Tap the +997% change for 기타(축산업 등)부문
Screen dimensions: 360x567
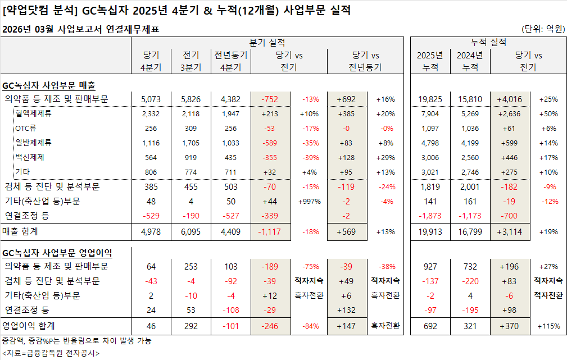point(309,201)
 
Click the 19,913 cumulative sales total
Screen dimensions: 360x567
point(430,231)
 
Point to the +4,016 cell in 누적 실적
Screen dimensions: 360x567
point(509,99)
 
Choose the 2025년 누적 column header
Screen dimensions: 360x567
point(430,61)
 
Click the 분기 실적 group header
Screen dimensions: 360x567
point(267,42)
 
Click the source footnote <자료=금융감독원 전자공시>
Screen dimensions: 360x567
point(51,353)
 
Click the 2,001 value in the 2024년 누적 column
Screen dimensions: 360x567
point(470,186)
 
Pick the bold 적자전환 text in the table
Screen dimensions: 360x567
point(547,295)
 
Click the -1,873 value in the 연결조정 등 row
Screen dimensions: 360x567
point(430,216)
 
